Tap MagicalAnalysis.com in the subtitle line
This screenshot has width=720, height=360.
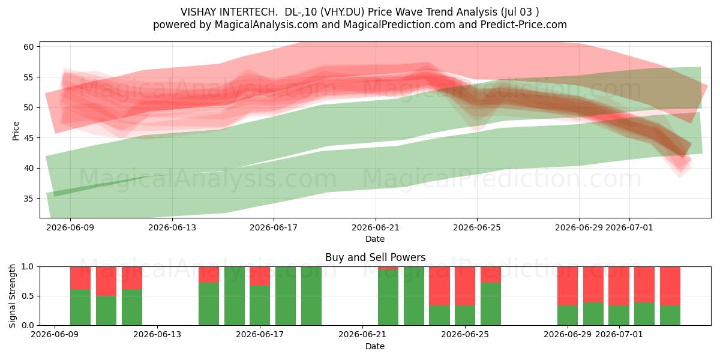[266, 25]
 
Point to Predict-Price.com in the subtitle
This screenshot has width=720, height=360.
[524, 25]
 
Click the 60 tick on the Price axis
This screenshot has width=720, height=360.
[28, 47]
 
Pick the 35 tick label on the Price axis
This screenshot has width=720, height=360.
[28, 199]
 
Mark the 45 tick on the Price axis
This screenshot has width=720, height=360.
[28, 138]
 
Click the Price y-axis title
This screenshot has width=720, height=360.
[16, 131]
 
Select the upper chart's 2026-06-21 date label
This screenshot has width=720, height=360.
[376, 227]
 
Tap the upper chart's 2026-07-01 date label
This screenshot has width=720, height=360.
[629, 227]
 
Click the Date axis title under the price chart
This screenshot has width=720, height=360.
[375, 239]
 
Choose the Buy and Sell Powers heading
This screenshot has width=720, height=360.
[375, 257]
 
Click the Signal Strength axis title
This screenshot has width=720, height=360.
[12, 296]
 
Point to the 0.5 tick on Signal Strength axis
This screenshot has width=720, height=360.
[27, 296]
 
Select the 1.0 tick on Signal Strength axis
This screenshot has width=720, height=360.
[27, 267]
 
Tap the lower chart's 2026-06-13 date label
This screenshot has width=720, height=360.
[157, 335]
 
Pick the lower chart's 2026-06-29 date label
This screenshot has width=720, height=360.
[568, 335]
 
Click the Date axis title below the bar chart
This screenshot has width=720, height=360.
[375, 346]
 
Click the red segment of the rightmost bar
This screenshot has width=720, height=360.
[670, 286]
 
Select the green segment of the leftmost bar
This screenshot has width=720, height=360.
[80, 307]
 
